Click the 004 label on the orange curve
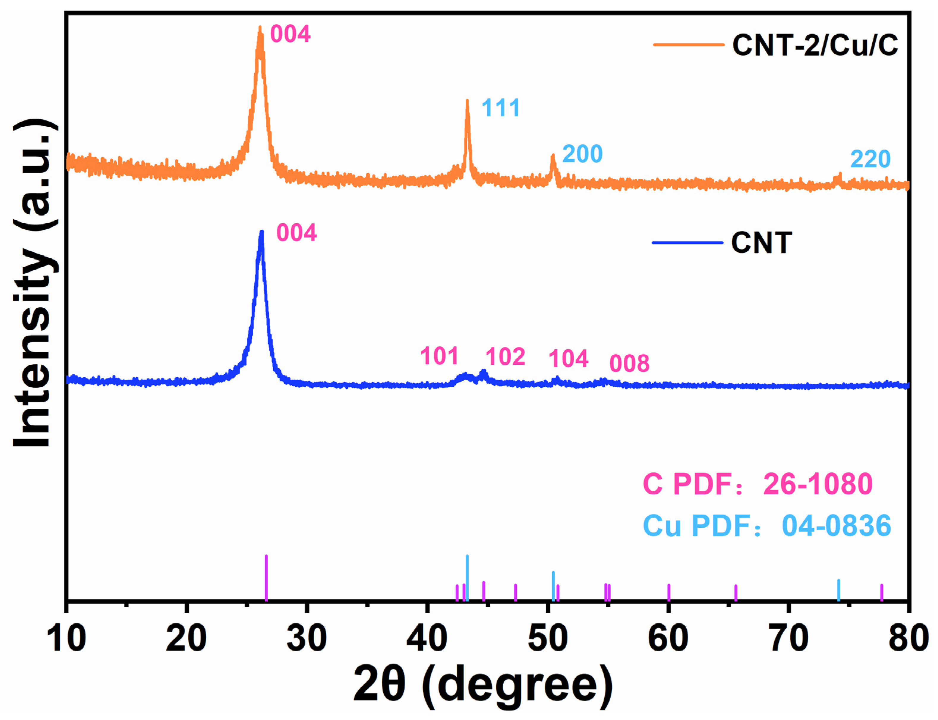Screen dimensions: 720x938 [290, 34]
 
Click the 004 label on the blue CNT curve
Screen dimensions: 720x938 [297, 233]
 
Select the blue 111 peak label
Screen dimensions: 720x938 [500, 108]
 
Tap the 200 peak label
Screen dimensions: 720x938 [582, 154]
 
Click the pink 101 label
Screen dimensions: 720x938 [439, 356]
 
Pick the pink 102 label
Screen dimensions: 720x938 [505, 357]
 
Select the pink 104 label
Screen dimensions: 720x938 [568, 359]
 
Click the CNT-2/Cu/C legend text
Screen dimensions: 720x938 [815, 45]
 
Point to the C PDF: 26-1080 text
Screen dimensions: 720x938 [757, 484]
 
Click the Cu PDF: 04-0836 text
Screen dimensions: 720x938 [767, 526]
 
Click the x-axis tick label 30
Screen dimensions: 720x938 [306, 638]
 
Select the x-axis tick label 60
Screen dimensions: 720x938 [668, 638]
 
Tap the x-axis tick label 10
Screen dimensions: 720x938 [66, 638]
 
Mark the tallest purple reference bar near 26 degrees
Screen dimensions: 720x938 [267, 578]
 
